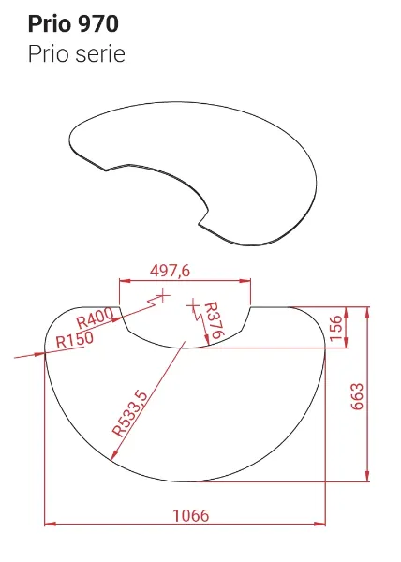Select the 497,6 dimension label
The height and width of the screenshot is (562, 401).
(x=171, y=271)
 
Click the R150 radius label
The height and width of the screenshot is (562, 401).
(x=74, y=341)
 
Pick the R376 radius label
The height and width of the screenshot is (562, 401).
(x=215, y=321)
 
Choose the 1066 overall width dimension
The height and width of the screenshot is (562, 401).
(x=191, y=515)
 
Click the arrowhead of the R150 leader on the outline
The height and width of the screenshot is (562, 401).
(x=43, y=353)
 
